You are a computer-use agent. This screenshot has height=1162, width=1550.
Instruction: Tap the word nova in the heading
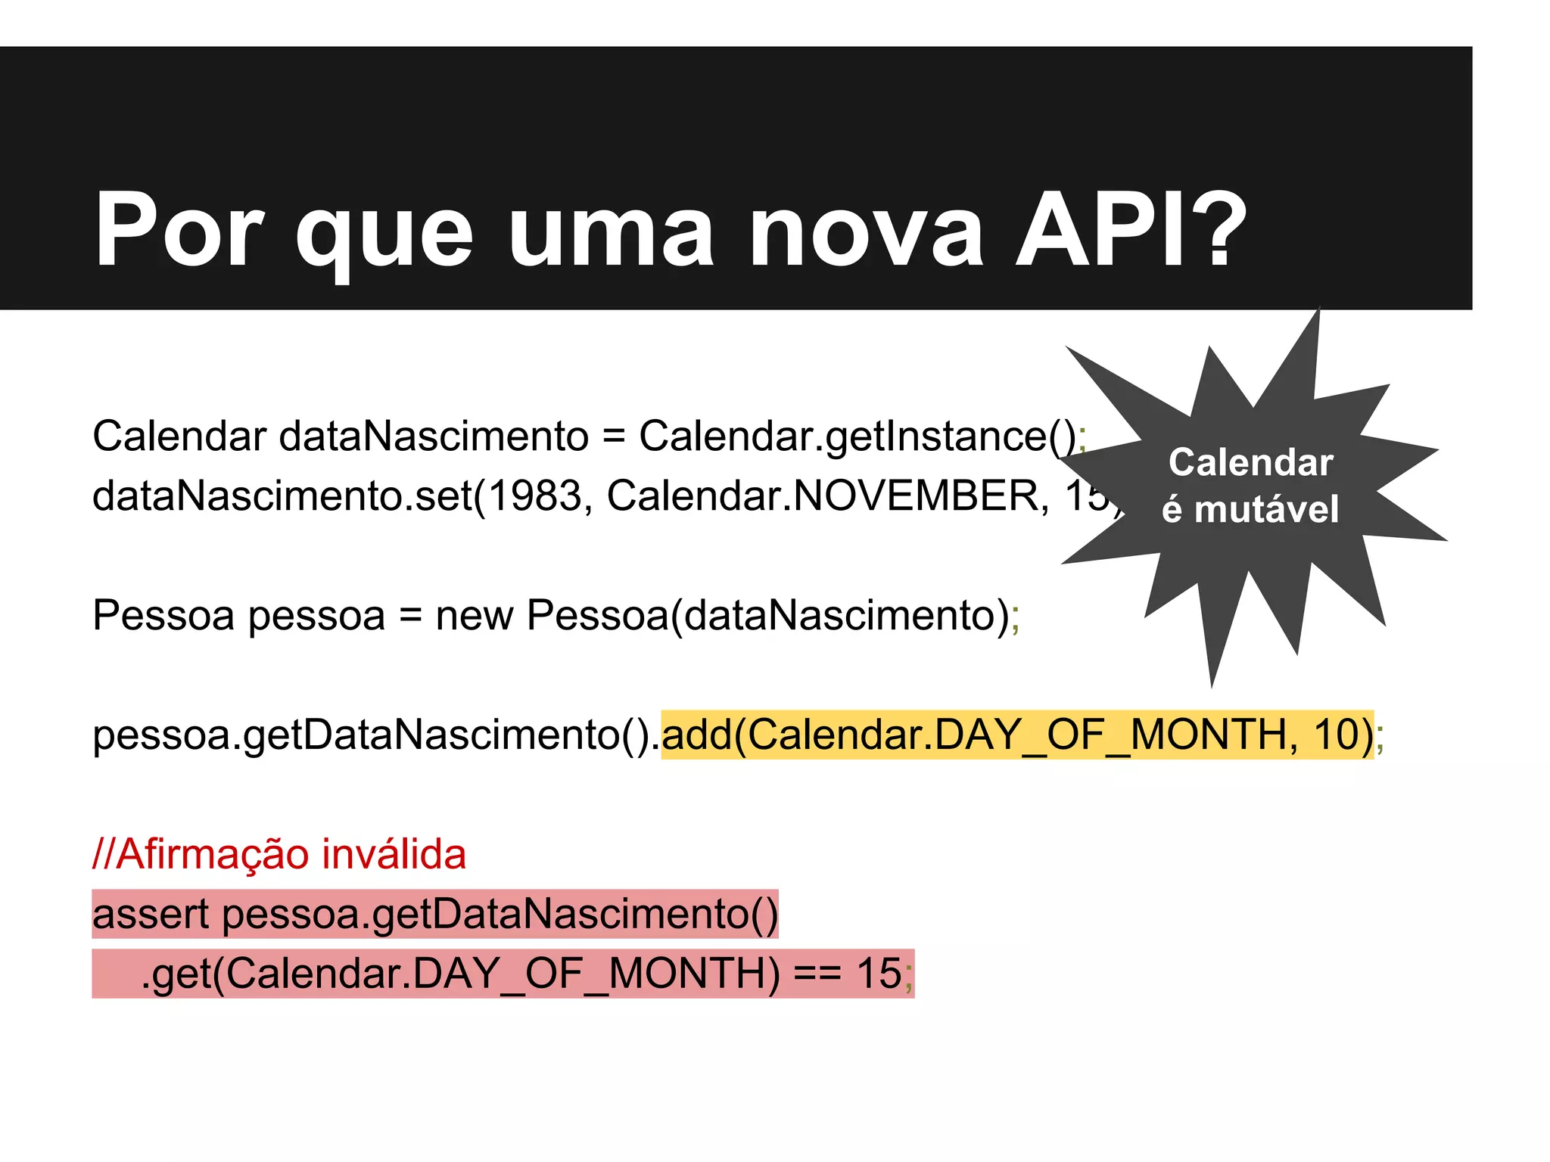click(x=866, y=229)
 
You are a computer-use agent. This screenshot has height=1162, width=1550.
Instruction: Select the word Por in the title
click(x=179, y=229)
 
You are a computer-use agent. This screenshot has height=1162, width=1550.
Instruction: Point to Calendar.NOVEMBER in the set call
click(x=828, y=496)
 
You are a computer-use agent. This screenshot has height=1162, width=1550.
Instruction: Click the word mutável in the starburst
click(x=1266, y=509)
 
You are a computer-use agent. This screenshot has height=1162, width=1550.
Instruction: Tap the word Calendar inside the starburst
click(x=1250, y=462)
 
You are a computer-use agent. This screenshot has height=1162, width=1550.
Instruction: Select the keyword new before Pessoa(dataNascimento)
click(x=474, y=615)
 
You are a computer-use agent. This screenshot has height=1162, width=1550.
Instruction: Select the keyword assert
click(x=150, y=915)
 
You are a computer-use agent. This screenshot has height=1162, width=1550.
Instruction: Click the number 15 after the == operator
click(x=879, y=974)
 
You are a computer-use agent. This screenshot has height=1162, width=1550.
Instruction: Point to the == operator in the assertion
click(x=817, y=974)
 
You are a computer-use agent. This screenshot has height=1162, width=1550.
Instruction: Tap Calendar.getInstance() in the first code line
click(x=858, y=437)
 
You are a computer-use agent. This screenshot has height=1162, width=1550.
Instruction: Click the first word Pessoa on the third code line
click(x=163, y=615)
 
